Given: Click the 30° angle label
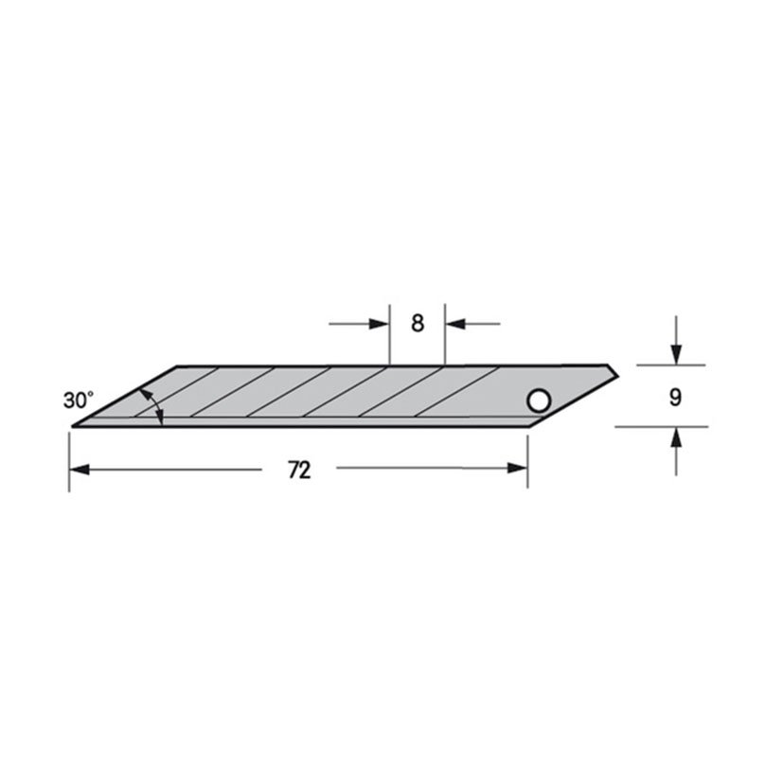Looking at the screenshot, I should [x=80, y=400].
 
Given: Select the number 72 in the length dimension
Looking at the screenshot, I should [x=299, y=471].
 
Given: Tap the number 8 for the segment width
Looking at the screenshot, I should [x=418, y=323].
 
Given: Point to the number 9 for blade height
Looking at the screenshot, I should [x=674, y=398].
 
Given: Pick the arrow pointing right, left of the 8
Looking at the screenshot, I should [x=380, y=324].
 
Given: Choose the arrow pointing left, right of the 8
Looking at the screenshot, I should [x=455, y=324].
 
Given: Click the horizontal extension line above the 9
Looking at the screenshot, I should [x=672, y=365].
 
